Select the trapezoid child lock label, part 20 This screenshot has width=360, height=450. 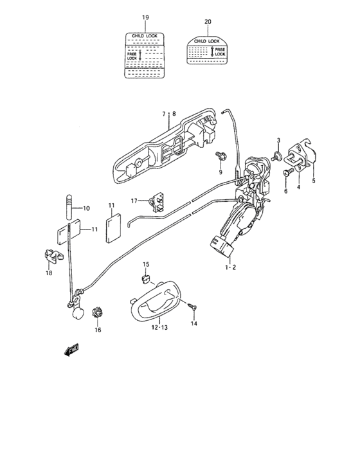207,50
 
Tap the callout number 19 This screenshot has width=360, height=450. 145,17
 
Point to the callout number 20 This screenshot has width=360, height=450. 207,22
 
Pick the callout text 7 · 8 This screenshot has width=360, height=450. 168,114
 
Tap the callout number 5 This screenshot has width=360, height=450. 314,181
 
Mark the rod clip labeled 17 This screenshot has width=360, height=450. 156,201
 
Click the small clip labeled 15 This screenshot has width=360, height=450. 145,278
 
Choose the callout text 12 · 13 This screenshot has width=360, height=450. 159,327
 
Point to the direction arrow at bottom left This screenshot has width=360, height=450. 69,350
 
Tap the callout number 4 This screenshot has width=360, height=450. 298,187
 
